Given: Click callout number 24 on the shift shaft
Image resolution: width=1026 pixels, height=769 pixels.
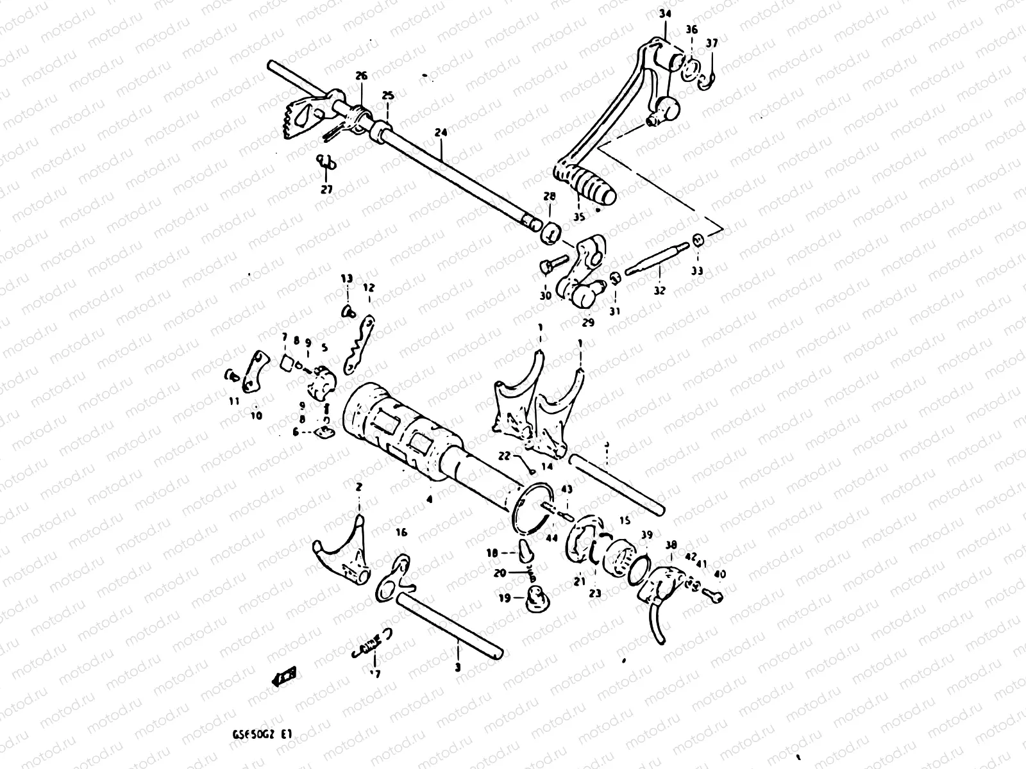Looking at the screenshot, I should tap(441, 133).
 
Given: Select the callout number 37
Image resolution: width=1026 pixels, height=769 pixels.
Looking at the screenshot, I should tap(712, 44).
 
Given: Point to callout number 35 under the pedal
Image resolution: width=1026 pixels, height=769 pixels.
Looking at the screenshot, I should tap(579, 217).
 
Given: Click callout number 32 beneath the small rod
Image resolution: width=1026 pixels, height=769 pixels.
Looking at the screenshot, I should tap(660, 290).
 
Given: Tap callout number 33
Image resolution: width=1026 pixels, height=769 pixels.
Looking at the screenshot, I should tap(697, 271).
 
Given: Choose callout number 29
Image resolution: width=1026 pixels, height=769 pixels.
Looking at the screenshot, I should tap(588, 322).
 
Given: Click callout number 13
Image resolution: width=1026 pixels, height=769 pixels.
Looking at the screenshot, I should tap(347, 279).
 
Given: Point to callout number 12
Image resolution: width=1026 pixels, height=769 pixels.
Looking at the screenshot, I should tap(369, 288).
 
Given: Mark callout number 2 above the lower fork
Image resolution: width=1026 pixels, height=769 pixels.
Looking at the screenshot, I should tap(358, 487).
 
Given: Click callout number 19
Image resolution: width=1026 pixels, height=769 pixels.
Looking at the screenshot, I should tap(506, 598).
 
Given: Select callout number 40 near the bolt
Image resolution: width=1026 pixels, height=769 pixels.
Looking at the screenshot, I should tap(719, 575).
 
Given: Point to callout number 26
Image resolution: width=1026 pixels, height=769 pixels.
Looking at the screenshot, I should tap(361, 76).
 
